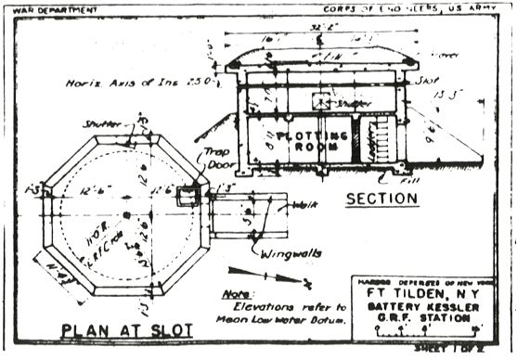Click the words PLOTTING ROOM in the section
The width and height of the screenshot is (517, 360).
(x=295, y=134)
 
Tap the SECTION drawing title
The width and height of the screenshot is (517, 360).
(x=381, y=199)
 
